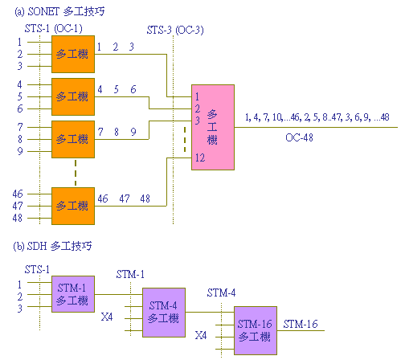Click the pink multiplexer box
click(213, 127)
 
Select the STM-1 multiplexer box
click(73, 294)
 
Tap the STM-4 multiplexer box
click(164, 313)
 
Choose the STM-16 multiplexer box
click(256, 330)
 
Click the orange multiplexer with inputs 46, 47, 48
click(73, 206)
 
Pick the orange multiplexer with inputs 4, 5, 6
click(73, 96)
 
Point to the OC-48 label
click(299, 137)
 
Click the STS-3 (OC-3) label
click(175, 30)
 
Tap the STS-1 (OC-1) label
click(54, 28)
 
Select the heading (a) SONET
click(59, 11)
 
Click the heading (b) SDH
click(52, 246)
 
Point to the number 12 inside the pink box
click(200, 157)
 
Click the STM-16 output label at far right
click(301, 324)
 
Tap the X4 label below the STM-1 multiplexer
click(107, 317)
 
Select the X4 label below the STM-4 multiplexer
click(201, 335)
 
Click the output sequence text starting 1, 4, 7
click(317, 117)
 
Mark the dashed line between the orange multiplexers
click(76, 173)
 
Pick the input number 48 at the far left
click(18, 218)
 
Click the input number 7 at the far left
click(20, 127)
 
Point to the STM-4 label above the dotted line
click(221, 292)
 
